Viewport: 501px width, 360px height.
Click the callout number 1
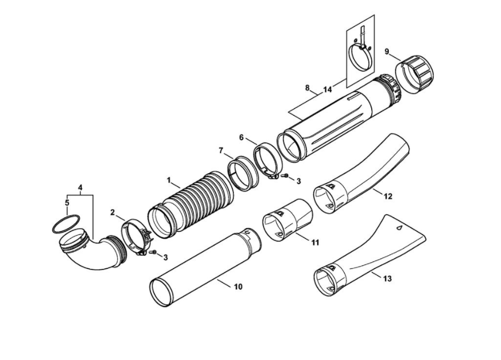pos(169,180)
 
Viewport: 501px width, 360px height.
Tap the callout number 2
pos(113,213)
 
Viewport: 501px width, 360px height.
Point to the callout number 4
pos(80,187)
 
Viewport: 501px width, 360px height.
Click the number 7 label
pos(221,150)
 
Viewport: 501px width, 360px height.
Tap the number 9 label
pos(387,52)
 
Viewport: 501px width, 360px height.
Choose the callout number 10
pos(238,287)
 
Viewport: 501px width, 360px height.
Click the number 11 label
pos(315,242)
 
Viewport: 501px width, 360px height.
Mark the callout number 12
pos(388,197)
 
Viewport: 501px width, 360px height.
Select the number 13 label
pos(388,279)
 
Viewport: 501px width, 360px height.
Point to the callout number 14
pos(327,89)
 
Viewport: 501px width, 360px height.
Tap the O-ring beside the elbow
pos(64,224)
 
